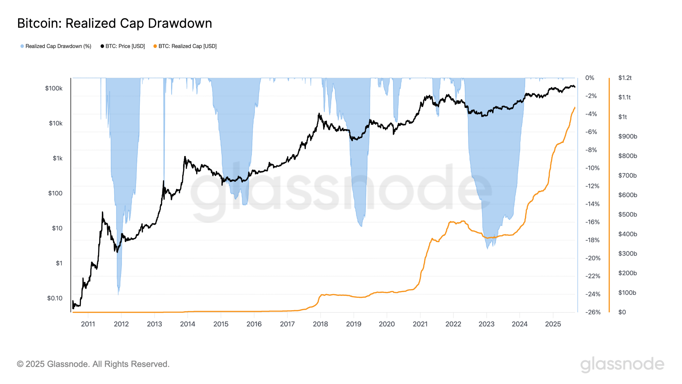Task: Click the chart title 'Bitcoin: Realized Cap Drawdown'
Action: [115, 23]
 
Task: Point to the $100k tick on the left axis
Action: [54, 88]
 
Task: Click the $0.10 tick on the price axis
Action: [55, 298]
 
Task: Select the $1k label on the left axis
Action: [58, 158]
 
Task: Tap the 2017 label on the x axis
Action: [287, 324]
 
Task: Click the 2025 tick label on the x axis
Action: [553, 324]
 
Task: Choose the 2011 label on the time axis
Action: [88, 324]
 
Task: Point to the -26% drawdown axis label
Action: [593, 312]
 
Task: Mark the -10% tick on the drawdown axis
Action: [592, 168]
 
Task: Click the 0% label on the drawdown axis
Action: [590, 78]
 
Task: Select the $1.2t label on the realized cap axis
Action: [625, 78]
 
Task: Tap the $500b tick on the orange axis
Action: [627, 214]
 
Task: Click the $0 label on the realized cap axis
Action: [622, 312]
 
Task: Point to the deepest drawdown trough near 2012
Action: [118, 293]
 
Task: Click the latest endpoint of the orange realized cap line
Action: [575, 107]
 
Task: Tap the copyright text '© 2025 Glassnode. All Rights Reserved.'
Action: [93, 364]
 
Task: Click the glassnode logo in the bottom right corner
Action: [622, 364]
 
